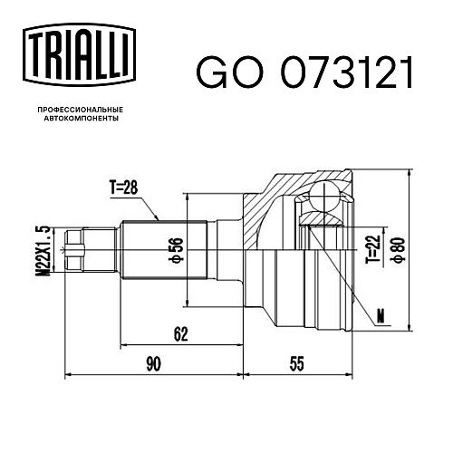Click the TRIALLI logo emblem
(79, 55)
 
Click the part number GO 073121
(304, 72)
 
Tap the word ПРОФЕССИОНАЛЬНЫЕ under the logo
(81, 110)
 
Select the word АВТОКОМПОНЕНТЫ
(82, 118)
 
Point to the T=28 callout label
(123, 188)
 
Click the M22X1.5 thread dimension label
(44, 250)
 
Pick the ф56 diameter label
(178, 250)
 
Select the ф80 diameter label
(399, 250)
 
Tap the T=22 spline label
(372, 248)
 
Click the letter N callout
(381, 316)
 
